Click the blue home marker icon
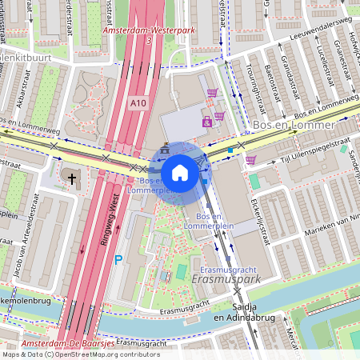[180, 172]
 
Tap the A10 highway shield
[138, 103]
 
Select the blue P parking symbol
[118, 260]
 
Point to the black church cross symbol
[73, 178]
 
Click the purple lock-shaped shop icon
[207, 122]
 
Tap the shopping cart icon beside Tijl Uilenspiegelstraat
[250, 160]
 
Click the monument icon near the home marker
[165, 147]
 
